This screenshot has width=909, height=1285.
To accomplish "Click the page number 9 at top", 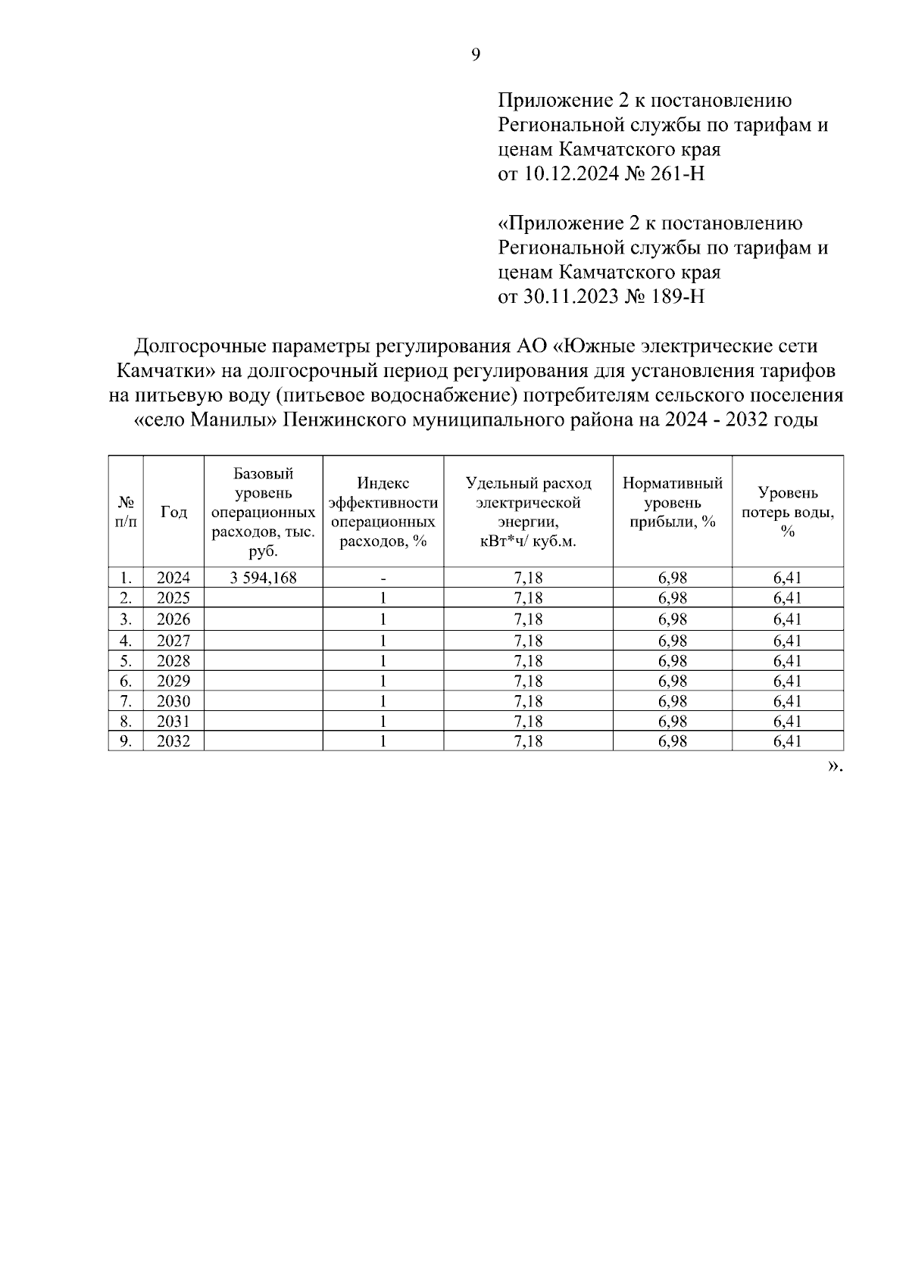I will pos(475,55).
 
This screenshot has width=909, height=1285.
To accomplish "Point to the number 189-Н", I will pos(677,296).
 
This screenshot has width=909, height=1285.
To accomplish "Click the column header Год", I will pos(173,512).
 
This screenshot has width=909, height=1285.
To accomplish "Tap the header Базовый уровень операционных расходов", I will pos(263,512).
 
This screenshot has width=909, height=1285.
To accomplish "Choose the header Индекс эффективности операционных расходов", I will pos(383,512).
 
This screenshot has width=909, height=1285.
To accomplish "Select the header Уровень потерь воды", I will pos(788,512).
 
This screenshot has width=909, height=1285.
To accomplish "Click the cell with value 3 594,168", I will pos(263,578).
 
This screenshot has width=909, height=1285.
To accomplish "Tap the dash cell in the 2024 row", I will pos(383,578).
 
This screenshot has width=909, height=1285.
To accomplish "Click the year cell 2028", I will pos(173,660).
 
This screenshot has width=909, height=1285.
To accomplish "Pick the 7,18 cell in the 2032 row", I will pos(528,741).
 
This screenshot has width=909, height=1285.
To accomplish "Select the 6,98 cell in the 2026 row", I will pos(672,619).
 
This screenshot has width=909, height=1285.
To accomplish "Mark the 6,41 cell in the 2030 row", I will pos(788,701).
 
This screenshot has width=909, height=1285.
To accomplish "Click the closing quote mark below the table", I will pos(834,766).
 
